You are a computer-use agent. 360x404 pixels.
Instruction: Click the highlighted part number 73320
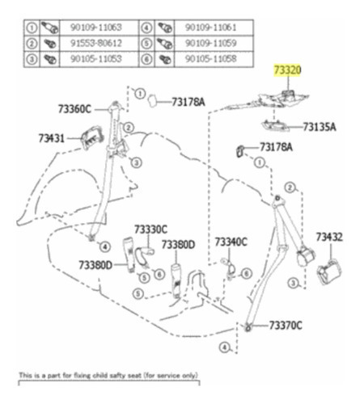(x=287, y=70)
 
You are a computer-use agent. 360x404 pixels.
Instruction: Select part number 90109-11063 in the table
(x=96, y=27)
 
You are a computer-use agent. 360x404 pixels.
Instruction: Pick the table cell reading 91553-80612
(x=96, y=43)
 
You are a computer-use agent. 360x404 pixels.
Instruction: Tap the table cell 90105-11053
(x=96, y=59)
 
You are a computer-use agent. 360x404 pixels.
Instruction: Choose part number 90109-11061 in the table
(x=210, y=27)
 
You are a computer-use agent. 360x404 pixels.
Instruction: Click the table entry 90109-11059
(x=210, y=43)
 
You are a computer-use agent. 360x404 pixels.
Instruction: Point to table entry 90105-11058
(x=210, y=59)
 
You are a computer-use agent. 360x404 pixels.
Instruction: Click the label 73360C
(x=74, y=109)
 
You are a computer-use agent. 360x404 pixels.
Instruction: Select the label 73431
(x=52, y=138)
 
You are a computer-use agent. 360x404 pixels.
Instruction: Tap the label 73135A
(x=320, y=127)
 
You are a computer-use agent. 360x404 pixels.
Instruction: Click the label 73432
(x=329, y=237)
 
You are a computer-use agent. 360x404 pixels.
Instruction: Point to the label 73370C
(x=286, y=326)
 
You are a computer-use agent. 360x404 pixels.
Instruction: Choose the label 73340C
(x=231, y=242)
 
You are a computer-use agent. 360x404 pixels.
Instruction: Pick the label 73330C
(x=150, y=229)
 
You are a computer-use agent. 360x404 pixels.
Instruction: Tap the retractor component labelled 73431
(x=92, y=137)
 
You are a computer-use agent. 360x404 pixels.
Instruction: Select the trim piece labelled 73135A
(x=275, y=126)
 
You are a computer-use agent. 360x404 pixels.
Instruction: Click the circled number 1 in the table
(x=32, y=27)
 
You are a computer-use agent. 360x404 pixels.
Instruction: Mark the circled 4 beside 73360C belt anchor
(x=105, y=246)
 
